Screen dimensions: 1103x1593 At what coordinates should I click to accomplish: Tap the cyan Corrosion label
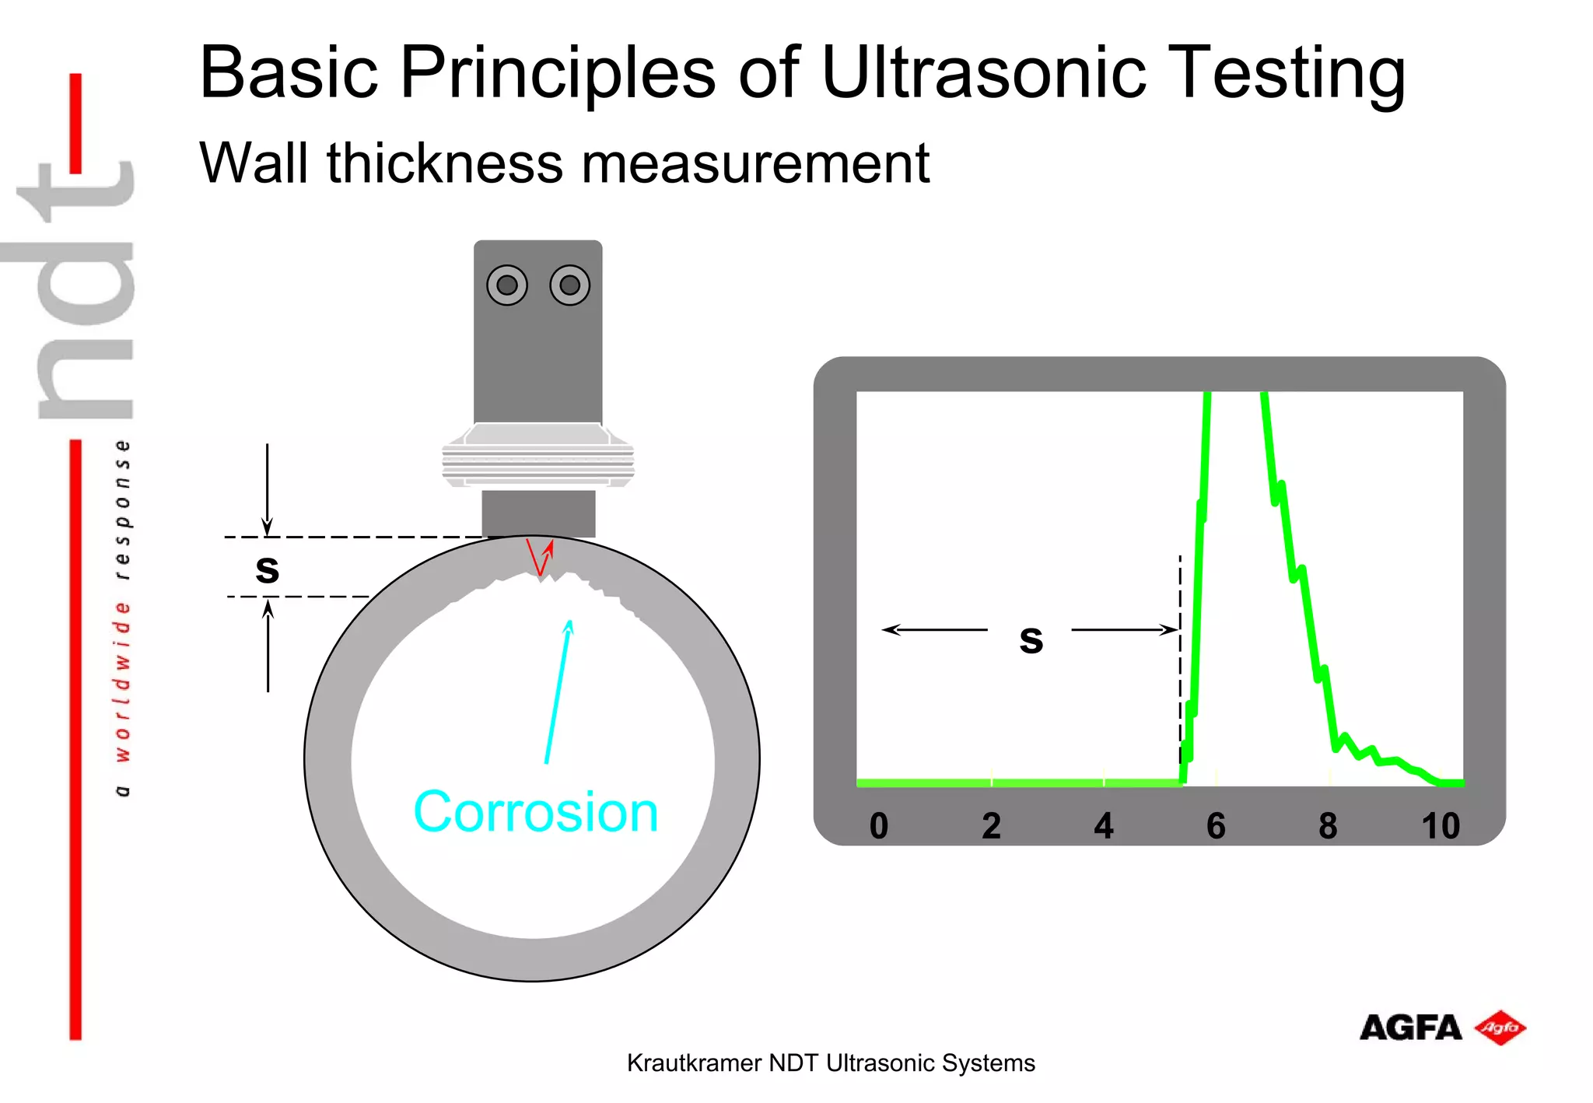pos(535,812)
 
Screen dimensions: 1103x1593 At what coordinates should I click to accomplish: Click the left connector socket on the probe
pos(507,285)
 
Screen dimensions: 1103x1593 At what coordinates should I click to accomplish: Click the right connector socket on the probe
pos(569,285)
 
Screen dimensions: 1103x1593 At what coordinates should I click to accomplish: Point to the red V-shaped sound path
pos(538,558)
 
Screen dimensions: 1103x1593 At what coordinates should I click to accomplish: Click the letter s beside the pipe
pos(267,569)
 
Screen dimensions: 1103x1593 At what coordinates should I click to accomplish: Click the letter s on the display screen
pos(1031,639)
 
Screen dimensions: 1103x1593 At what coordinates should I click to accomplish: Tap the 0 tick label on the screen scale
pos(879,826)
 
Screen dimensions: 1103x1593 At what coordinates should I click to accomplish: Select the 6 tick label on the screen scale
pos(1216,826)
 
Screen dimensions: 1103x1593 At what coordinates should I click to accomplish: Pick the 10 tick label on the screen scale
pos(1440,826)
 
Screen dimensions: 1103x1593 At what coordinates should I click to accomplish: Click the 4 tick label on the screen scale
pos(1103,826)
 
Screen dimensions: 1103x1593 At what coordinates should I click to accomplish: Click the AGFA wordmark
pos(1410,1028)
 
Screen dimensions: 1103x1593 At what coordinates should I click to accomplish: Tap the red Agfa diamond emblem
pos(1500,1028)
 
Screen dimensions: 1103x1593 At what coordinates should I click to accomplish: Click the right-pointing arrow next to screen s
pos(1124,629)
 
